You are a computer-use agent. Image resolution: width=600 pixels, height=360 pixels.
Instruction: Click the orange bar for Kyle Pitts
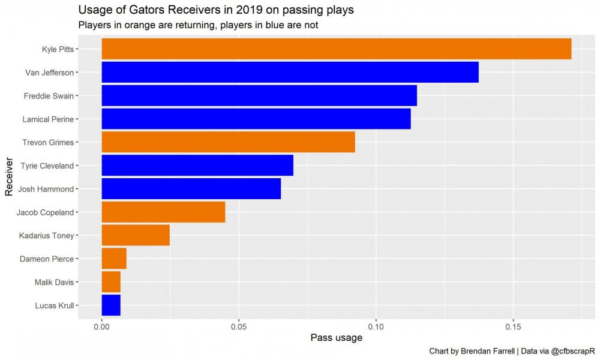click(x=336, y=49)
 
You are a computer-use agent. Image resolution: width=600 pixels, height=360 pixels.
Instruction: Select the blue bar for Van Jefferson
click(x=290, y=73)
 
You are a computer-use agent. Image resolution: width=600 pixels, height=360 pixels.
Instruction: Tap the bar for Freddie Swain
click(x=259, y=96)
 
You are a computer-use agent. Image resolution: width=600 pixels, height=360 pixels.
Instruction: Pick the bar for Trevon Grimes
click(x=228, y=142)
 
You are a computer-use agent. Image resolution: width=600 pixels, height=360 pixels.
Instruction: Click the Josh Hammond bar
click(x=191, y=189)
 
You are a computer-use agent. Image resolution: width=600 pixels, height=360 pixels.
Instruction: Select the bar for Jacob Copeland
click(x=163, y=212)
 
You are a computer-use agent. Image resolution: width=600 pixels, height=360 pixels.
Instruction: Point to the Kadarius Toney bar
click(x=136, y=235)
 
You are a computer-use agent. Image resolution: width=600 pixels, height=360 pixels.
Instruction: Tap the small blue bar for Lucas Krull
click(x=111, y=305)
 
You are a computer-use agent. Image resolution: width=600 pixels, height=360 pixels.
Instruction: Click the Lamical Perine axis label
click(x=49, y=119)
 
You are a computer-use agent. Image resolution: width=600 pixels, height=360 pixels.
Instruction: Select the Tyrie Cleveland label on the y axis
click(x=47, y=166)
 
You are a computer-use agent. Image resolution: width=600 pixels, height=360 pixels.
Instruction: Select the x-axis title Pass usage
click(x=336, y=338)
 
